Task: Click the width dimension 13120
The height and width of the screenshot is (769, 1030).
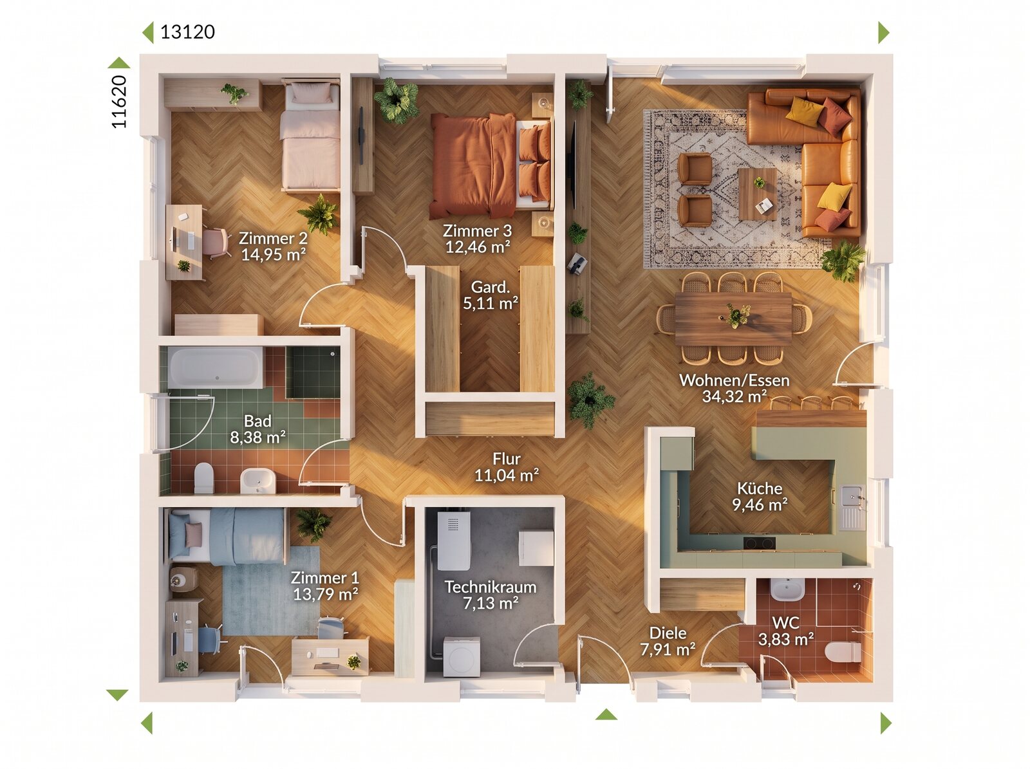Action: pyautogui.click(x=188, y=32)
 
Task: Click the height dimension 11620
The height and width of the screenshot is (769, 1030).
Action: pyautogui.click(x=118, y=101)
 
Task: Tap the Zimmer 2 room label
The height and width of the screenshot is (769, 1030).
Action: pyautogui.click(x=273, y=238)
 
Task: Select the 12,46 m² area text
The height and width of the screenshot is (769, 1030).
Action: pyautogui.click(x=478, y=246)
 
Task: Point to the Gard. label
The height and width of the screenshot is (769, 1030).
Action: pyautogui.click(x=491, y=286)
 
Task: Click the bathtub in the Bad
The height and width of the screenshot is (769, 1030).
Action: pyautogui.click(x=216, y=367)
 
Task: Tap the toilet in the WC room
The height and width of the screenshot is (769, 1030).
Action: pyautogui.click(x=843, y=652)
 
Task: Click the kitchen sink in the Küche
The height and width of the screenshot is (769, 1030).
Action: pyautogui.click(x=852, y=507)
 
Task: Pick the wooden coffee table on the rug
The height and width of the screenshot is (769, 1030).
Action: pyautogui.click(x=757, y=194)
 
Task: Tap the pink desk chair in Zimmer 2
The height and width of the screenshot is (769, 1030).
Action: pyautogui.click(x=216, y=242)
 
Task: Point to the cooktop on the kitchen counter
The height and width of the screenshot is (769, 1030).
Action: pyautogui.click(x=759, y=543)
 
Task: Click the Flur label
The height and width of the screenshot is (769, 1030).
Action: pyautogui.click(x=507, y=459)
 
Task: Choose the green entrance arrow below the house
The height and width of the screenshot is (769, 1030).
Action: pyautogui.click(x=606, y=714)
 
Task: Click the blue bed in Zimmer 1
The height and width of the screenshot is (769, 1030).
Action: pyautogui.click(x=228, y=536)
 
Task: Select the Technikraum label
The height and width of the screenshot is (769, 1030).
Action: pyautogui.click(x=491, y=587)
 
